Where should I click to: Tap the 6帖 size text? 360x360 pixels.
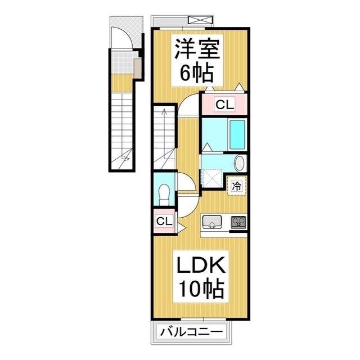tap(195, 72)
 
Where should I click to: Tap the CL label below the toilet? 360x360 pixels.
tap(163, 220)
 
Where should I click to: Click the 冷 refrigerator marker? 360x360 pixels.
tap(237, 186)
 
